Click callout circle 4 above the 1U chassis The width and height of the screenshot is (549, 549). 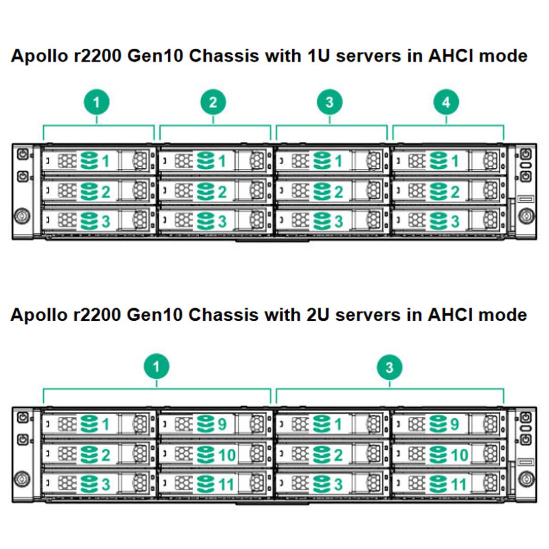coord(446,102)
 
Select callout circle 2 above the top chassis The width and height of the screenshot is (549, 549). coord(213,102)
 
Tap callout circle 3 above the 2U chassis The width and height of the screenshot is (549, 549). coord(389,367)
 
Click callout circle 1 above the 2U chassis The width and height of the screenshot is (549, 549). coord(157,367)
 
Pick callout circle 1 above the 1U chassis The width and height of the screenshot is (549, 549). coord(97,102)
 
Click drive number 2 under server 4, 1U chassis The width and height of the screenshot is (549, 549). coord(455,192)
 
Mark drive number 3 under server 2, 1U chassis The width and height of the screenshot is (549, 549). coord(222,222)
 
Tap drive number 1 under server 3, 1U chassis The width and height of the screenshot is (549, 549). coord(339,162)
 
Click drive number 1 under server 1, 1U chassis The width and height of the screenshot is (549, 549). coord(106,162)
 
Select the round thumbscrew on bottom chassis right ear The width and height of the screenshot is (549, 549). coord(526,478)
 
